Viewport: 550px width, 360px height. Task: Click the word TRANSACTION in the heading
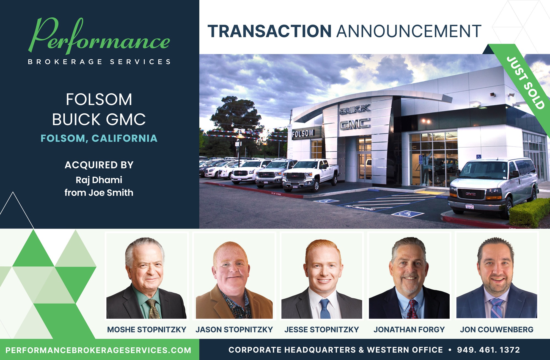269,31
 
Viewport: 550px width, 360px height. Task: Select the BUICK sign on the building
355,109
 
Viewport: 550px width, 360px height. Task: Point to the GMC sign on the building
355,124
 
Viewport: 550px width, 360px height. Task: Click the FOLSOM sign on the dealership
302,134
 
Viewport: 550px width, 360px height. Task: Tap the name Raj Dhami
99,180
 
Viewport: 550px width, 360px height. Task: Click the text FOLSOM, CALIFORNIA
99,138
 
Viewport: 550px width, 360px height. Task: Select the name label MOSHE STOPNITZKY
147,329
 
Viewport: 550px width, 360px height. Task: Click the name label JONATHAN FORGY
409,329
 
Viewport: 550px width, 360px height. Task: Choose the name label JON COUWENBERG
497,329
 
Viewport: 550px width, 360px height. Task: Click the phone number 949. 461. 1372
488,350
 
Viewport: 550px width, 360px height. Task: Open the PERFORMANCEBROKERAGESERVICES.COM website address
98,350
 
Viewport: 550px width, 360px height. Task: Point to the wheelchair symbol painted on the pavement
407,214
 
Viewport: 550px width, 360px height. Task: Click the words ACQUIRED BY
99,165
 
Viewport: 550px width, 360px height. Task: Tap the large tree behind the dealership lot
237,116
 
